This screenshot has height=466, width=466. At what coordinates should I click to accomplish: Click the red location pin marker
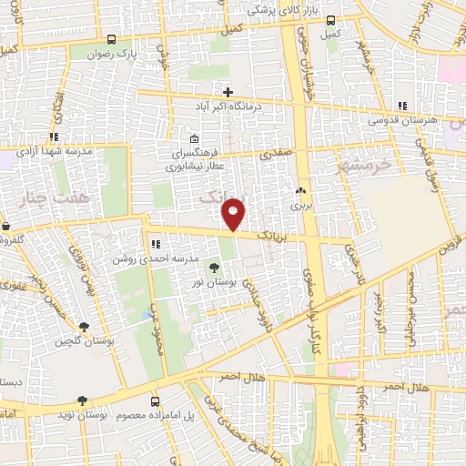pos(235,214)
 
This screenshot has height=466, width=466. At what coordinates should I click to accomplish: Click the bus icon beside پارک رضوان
pos(111,39)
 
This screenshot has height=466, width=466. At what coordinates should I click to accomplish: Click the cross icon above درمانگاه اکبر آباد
pos(228,92)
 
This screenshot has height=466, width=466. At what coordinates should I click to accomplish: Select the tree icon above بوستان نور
pos(214,267)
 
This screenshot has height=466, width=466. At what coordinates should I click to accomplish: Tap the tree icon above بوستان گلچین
pos(85,327)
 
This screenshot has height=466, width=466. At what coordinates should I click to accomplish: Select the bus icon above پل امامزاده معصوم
pos(155,401)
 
